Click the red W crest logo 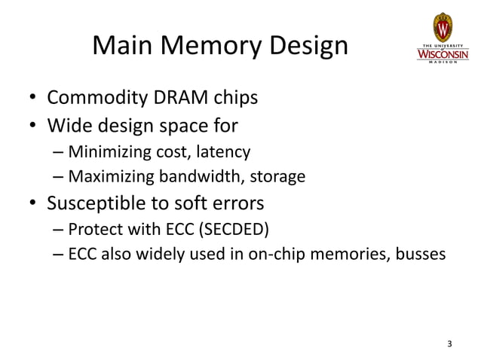(443, 29)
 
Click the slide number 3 (450, 345)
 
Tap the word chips (234, 99)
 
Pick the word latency (222, 152)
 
